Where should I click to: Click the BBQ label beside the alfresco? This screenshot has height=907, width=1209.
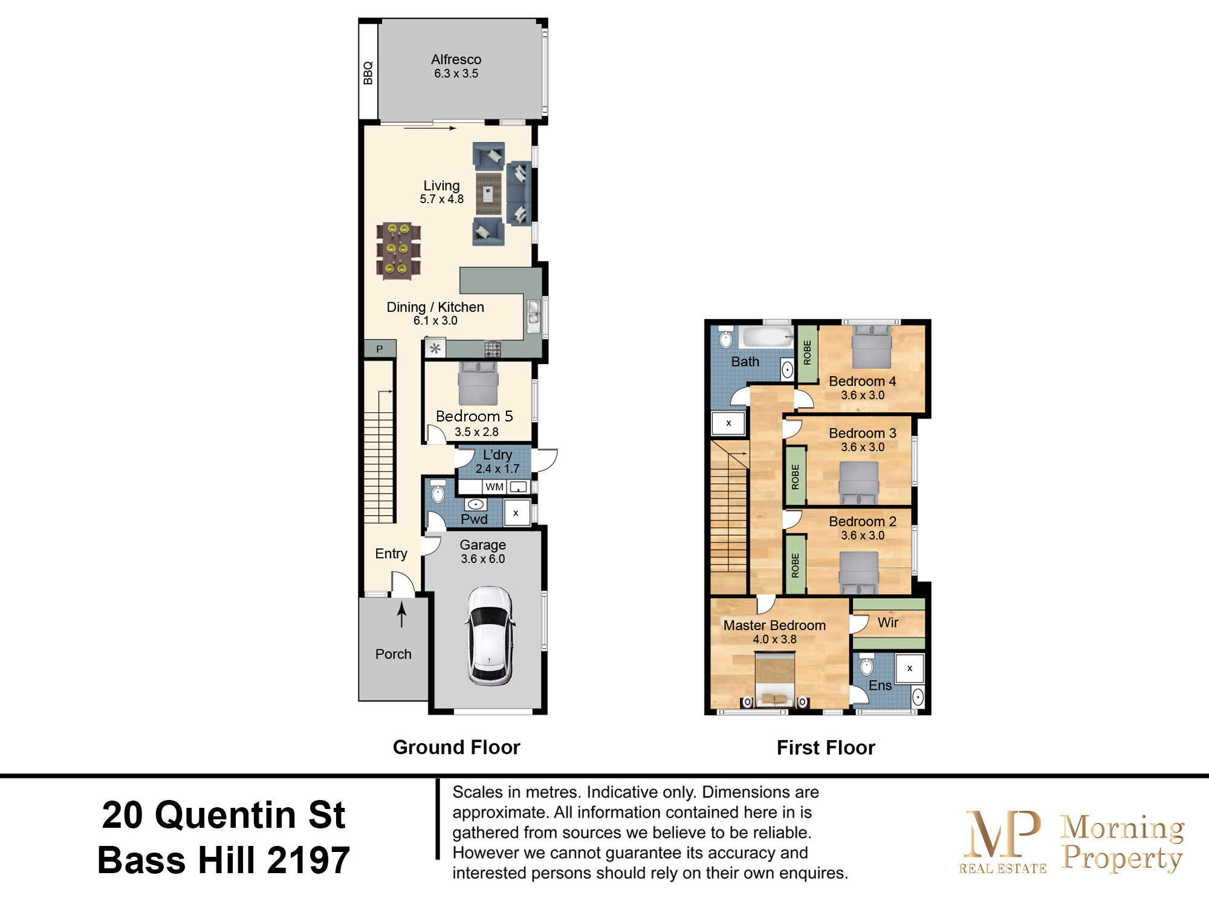point(368,73)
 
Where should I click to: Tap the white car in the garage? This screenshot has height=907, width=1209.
point(490,636)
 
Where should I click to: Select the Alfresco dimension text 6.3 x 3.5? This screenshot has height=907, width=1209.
point(456,74)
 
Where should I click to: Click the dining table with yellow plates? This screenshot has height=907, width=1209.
point(398,250)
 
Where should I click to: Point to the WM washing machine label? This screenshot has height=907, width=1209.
point(494,487)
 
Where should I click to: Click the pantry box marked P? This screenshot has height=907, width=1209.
point(380,348)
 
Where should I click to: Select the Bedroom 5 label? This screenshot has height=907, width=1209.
point(474,416)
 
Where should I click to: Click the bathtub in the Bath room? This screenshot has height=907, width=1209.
point(767,337)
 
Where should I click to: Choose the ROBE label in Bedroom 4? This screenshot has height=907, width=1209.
point(807,353)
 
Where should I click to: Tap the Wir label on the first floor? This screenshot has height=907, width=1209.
point(887,622)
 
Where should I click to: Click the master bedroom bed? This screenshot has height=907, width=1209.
point(775,680)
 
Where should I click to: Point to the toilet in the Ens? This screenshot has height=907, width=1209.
point(866,665)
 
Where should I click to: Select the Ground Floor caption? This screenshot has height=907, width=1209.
point(456,747)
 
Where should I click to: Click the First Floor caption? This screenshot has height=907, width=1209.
point(826,748)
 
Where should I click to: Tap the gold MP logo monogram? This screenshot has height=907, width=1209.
point(1003,834)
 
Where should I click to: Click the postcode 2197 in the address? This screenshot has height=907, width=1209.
point(308,860)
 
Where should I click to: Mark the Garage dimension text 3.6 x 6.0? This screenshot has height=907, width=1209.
point(482,559)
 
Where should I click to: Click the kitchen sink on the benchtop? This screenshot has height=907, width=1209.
point(533,316)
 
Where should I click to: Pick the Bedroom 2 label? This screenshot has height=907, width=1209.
point(862,521)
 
